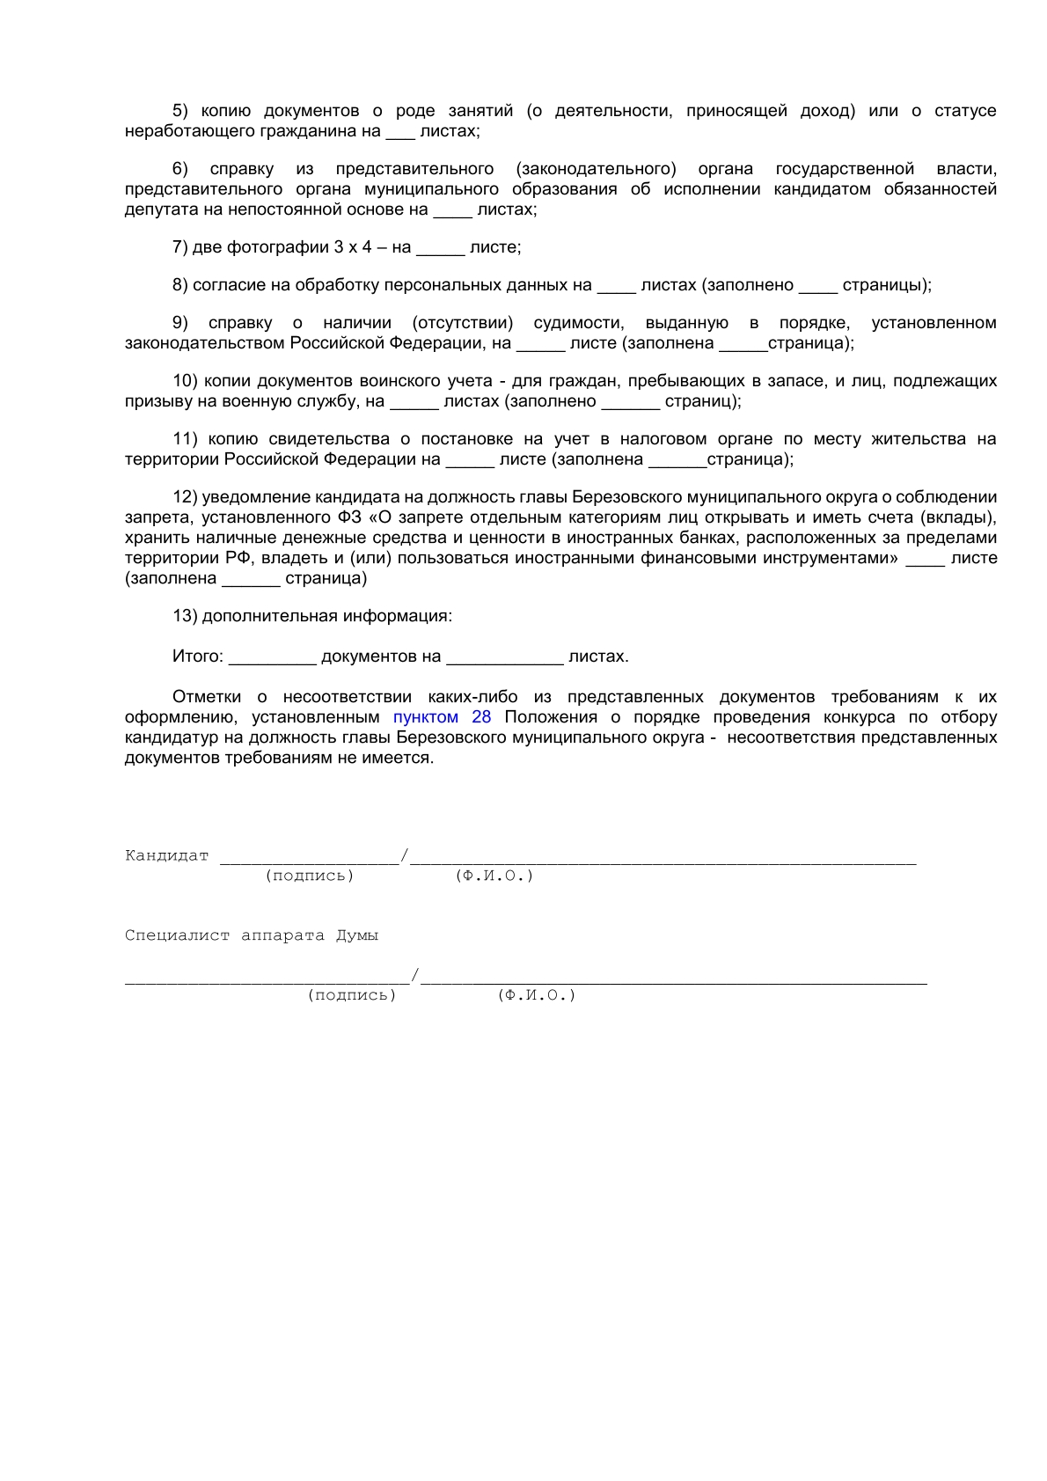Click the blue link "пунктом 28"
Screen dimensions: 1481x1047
coord(442,717)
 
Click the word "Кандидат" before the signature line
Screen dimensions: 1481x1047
coord(167,856)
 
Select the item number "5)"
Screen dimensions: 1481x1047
coord(180,111)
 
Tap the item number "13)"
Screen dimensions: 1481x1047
coord(185,616)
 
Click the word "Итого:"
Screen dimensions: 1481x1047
coord(198,656)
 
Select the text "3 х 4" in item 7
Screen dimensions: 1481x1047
coord(353,247)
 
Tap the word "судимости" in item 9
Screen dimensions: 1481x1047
coord(578,323)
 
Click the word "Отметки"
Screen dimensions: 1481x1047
coord(207,697)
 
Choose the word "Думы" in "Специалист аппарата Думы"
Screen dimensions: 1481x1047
coord(357,936)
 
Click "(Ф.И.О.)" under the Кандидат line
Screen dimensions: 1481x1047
coord(494,876)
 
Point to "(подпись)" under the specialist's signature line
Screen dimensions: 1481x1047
coord(352,995)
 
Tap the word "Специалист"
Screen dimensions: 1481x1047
coord(177,936)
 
